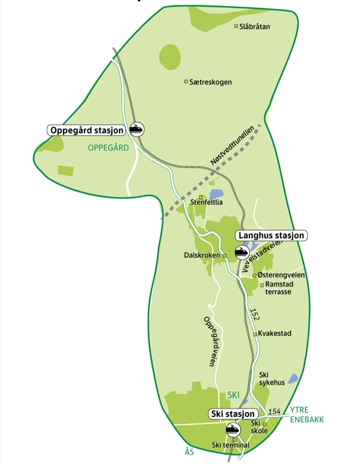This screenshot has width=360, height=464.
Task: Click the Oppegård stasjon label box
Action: [x=86, y=130]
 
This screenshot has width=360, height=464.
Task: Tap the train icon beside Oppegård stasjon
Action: [x=137, y=129]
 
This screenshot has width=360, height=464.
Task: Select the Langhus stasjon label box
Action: [x=272, y=236]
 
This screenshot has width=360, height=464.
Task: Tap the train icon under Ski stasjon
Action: [x=231, y=429]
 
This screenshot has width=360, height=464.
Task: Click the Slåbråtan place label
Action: [x=255, y=27]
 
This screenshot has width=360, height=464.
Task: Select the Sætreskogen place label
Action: [x=211, y=82]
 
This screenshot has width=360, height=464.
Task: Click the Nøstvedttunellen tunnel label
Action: [x=233, y=147]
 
